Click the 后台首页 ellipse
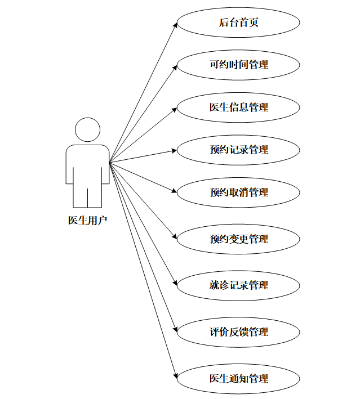(238, 23)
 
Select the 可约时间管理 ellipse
(238, 65)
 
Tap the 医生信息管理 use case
(238, 107)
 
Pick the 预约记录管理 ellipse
(238, 150)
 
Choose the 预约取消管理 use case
(238, 192)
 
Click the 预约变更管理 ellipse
(238, 239)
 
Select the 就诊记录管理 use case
(238, 285)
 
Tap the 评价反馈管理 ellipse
(238, 332)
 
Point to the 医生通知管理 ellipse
(238, 378)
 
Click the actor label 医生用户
(87, 221)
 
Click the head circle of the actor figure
(87, 130)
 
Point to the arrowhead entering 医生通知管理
(175, 376)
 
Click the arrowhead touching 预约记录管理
(174, 150)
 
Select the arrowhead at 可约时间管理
(175, 66)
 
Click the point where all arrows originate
(109, 163)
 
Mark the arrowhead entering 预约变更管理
(175, 238)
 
